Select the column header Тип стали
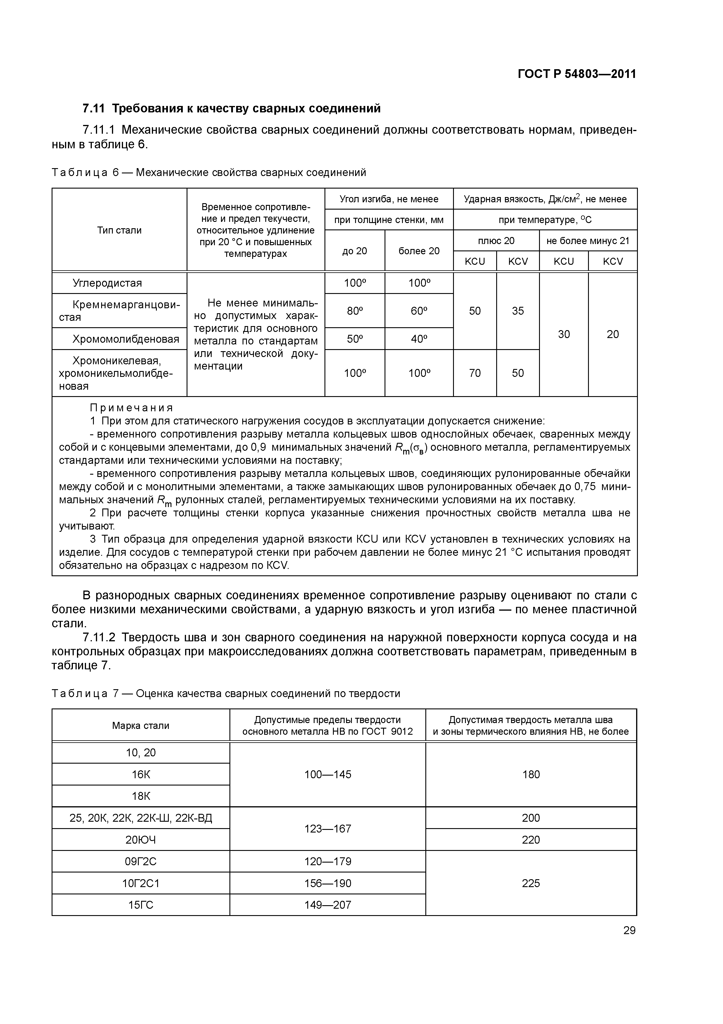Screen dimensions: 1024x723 pyautogui.click(x=120, y=230)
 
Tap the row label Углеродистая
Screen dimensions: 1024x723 pyautogui.click(x=107, y=283)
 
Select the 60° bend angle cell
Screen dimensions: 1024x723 pyautogui.click(x=419, y=311)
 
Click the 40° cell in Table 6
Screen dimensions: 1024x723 pyautogui.click(x=419, y=339)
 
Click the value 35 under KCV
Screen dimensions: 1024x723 pyautogui.click(x=518, y=311)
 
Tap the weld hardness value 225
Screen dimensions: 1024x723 pyautogui.click(x=531, y=883)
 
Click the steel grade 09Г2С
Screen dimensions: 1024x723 pyautogui.click(x=141, y=861)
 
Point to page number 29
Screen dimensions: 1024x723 pyautogui.click(x=629, y=930)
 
